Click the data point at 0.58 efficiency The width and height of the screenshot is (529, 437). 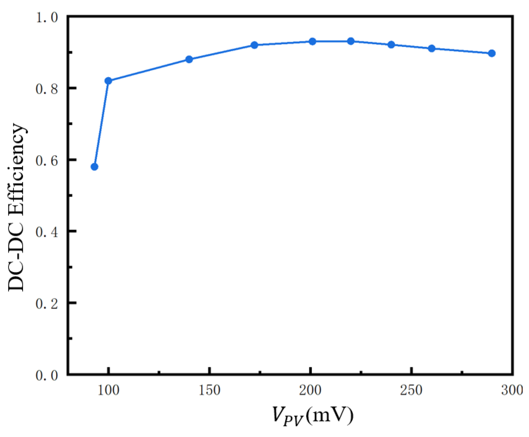click(94, 167)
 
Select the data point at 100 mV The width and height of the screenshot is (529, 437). click(108, 81)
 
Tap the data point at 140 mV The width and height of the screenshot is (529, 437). click(189, 59)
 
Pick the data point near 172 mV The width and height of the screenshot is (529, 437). click(254, 45)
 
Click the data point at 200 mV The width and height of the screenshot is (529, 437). click(312, 41)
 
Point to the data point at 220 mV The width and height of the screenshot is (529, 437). click(351, 41)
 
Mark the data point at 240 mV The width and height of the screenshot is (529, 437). click(391, 45)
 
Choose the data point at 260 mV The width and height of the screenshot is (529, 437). click(431, 48)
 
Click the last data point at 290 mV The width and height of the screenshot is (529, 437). click(492, 53)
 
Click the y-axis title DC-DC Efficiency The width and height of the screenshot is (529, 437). click(16, 207)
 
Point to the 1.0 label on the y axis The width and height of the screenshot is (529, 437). click(47, 18)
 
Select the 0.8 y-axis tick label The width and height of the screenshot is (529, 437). click(47, 89)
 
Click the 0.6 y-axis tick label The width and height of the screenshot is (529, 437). click(47, 160)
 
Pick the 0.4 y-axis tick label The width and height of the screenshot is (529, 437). click(47, 232)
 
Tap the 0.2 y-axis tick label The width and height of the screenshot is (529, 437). click(47, 303)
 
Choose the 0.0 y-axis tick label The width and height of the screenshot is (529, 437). click(47, 375)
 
